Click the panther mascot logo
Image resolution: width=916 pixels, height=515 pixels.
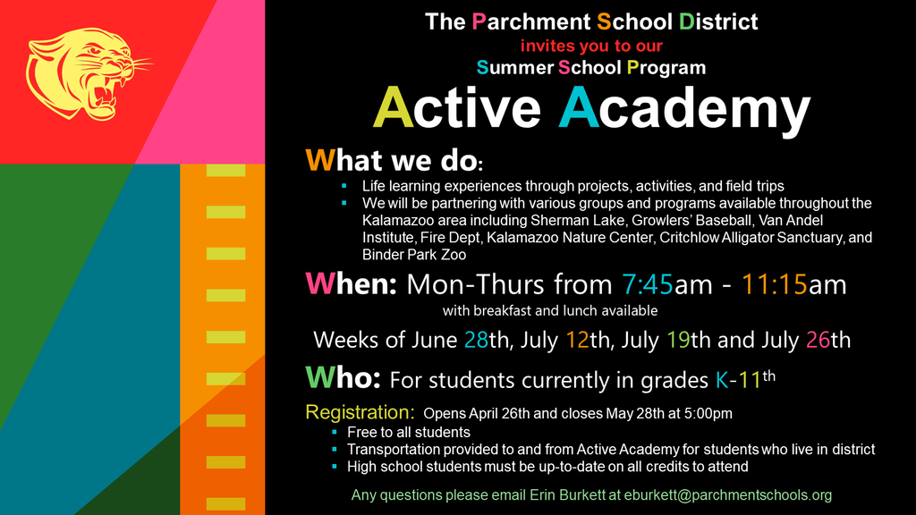[x=87, y=73]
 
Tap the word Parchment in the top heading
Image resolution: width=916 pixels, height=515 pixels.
[x=531, y=22]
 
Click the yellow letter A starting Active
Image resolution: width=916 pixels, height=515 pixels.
[x=394, y=107]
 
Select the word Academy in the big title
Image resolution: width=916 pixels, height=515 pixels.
[x=684, y=110]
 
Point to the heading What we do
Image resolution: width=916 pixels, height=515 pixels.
[x=394, y=160]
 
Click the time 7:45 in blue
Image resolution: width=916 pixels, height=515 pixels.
[x=648, y=284]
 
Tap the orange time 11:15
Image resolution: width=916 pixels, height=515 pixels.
[x=774, y=284]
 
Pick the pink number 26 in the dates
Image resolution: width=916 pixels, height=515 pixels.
[x=818, y=340]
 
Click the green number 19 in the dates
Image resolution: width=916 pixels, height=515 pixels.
[x=678, y=340]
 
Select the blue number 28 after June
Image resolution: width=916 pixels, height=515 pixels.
[x=476, y=340]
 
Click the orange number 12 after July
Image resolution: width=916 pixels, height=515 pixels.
[x=577, y=340]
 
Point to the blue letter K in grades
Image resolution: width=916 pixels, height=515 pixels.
[x=722, y=381]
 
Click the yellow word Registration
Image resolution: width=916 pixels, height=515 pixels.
[x=360, y=412]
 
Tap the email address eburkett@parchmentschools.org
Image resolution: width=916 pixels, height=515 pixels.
[x=728, y=495]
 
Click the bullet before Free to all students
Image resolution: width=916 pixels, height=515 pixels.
[x=335, y=432]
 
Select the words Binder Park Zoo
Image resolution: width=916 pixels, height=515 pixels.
[x=414, y=255]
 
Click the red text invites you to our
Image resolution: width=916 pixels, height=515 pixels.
[x=591, y=46]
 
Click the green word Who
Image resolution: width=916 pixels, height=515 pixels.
[x=343, y=378]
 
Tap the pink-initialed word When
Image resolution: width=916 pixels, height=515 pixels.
[x=351, y=283]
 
